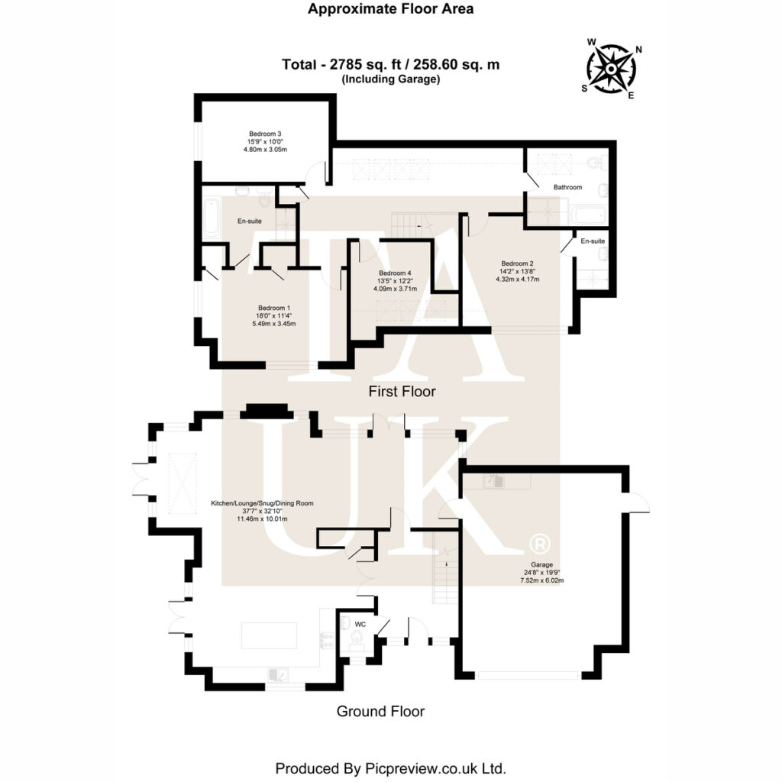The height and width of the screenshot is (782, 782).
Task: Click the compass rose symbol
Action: (612, 68)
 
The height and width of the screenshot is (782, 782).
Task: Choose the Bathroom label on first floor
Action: (567, 187)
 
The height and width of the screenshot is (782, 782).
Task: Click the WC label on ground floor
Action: (360, 625)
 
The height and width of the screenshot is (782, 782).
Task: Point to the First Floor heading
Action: (402, 392)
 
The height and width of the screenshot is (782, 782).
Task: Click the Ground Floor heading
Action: (380, 711)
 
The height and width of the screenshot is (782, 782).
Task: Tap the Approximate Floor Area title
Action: (390, 8)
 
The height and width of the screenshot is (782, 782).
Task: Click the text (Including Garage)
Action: (390, 79)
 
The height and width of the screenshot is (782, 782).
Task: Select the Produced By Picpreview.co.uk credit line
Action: (390, 768)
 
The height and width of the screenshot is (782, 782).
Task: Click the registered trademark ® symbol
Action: (539, 544)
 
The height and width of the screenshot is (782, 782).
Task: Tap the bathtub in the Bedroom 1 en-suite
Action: (212, 216)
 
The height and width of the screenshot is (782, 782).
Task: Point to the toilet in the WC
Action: (357, 638)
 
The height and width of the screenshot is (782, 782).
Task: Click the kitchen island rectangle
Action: (270, 635)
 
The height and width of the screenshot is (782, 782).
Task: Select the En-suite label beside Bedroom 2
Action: (593, 241)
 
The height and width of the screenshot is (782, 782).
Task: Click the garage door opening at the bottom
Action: (528, 676)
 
